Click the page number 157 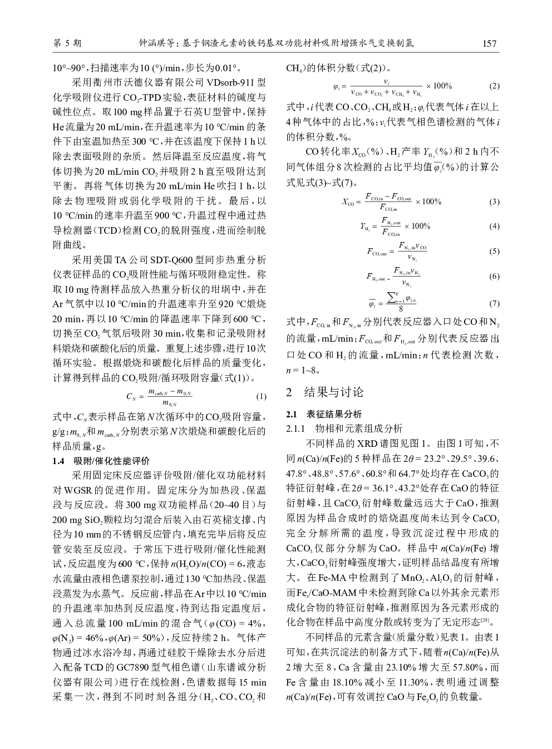490,43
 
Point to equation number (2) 494,87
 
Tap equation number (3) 494,201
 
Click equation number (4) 494,226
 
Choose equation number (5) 494,252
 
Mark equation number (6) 494,277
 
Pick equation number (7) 494,304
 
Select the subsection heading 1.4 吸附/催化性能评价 101,460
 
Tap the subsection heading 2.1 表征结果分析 323,414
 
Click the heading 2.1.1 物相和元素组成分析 343,428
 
